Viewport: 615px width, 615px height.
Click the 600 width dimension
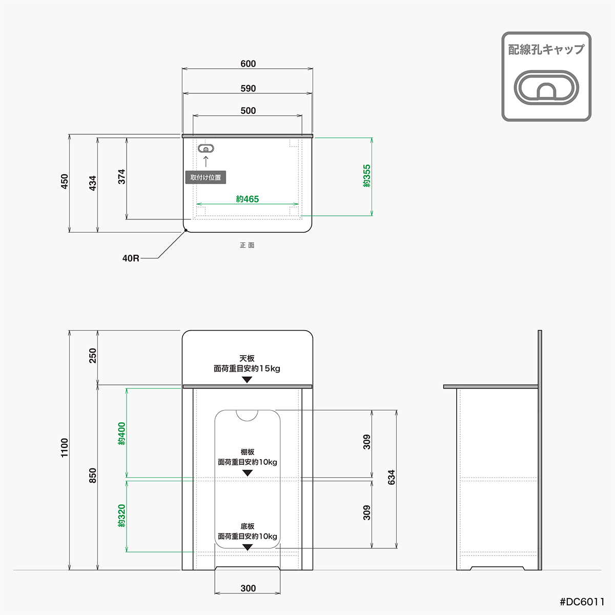pyautogui.click(x=248, y=64)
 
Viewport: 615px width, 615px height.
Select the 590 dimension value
pyautogui.click(x=248, y=89)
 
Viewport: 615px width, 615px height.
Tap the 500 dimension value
pyautogui.click(x=248, y=111)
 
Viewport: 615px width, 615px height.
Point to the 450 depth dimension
pyautogui.click(x=65, y=181)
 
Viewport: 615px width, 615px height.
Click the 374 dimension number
pyautogui.click(x=121, y=177)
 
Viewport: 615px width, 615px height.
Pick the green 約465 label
pyautogui.click(x=248, y=199)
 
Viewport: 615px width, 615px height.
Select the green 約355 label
pyautogui.click(x=366, y=176)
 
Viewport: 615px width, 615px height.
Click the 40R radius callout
pyautogui.click(x=131, y=258)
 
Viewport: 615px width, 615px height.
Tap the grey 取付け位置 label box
pyautogui.click(x=206, y=177)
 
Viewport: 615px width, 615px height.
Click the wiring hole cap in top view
pyautogui.click(x=206, y=149)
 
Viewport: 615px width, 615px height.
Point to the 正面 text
pyautogui.click(x=247, y=245)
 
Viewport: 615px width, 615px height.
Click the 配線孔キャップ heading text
pyautogui.click(x=546, y=49)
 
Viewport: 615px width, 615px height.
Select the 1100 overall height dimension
pyautogui.click(x=65, y=448)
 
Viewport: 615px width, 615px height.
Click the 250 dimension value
pyautogui.click(x=93, y=356)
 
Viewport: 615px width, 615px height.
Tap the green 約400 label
pyautogui.click(x=121, y=434)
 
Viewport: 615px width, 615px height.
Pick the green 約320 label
pyautogui.click(x=121, y=516)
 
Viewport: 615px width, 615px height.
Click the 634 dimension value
pyautogui.click(x=392, y=478)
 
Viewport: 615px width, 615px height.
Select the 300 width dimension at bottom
pyautogui.click(x=248, y=588)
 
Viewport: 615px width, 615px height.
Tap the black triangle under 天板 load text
pyautogui.click(x=248, y=380)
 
